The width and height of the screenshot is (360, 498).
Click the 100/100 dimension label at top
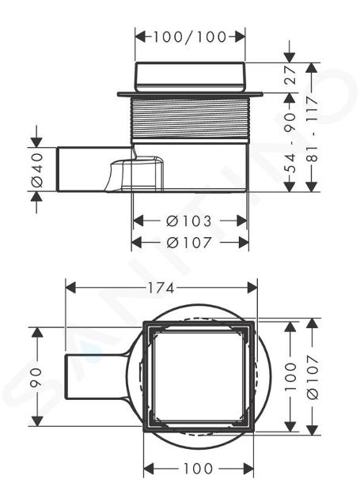point(190,37)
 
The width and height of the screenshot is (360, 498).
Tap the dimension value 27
point(290,75)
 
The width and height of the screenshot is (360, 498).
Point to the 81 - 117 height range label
point(313,130)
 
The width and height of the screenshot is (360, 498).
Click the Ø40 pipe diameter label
point(37,170)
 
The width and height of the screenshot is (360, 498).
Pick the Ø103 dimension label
point(189,221)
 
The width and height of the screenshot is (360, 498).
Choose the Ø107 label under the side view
point(189,243)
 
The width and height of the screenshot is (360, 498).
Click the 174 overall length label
point(161,288)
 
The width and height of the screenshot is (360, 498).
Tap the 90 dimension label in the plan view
point(36,377)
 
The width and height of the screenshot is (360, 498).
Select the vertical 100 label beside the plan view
point(290,377)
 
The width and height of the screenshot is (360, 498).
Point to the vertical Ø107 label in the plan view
point(313,377)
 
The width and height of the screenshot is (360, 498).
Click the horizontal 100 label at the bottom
point(198,469)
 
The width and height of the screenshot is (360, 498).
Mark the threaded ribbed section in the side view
point(190,119)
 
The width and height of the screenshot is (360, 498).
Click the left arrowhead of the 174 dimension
point(70,288)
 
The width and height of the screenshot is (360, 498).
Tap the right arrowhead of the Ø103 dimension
point(242,221)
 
